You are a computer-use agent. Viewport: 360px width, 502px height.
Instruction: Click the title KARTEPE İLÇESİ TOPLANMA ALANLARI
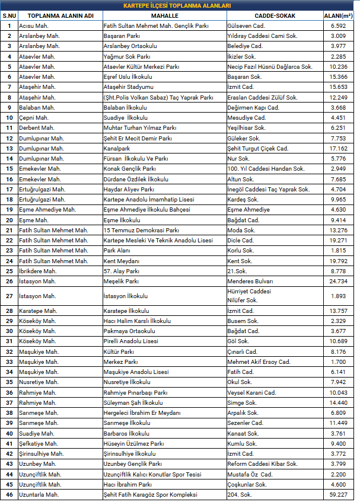[x=180, y=5]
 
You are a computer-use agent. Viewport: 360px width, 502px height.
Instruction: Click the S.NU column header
[x=9, y=15]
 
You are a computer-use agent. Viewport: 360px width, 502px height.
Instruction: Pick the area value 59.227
[x=339, y=494]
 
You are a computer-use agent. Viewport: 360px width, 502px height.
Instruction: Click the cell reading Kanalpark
[x=117, y=148]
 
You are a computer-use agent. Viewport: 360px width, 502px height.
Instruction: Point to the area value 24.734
[x=339, y=281]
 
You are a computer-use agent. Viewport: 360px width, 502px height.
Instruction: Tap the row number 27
[x=9, y=296]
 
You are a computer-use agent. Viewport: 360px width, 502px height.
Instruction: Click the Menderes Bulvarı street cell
[x=251, y=281]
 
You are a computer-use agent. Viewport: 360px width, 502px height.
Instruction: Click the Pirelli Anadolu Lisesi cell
[x=131, y=341]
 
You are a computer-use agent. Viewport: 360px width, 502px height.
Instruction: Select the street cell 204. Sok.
[x=241, y=494]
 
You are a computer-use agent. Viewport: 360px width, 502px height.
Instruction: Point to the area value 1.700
[x=339, y=362]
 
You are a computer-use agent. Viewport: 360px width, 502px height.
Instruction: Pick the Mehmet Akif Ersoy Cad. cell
[x=259, y=362]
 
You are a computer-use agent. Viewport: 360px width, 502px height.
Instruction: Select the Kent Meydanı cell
[x=122, y=261]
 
